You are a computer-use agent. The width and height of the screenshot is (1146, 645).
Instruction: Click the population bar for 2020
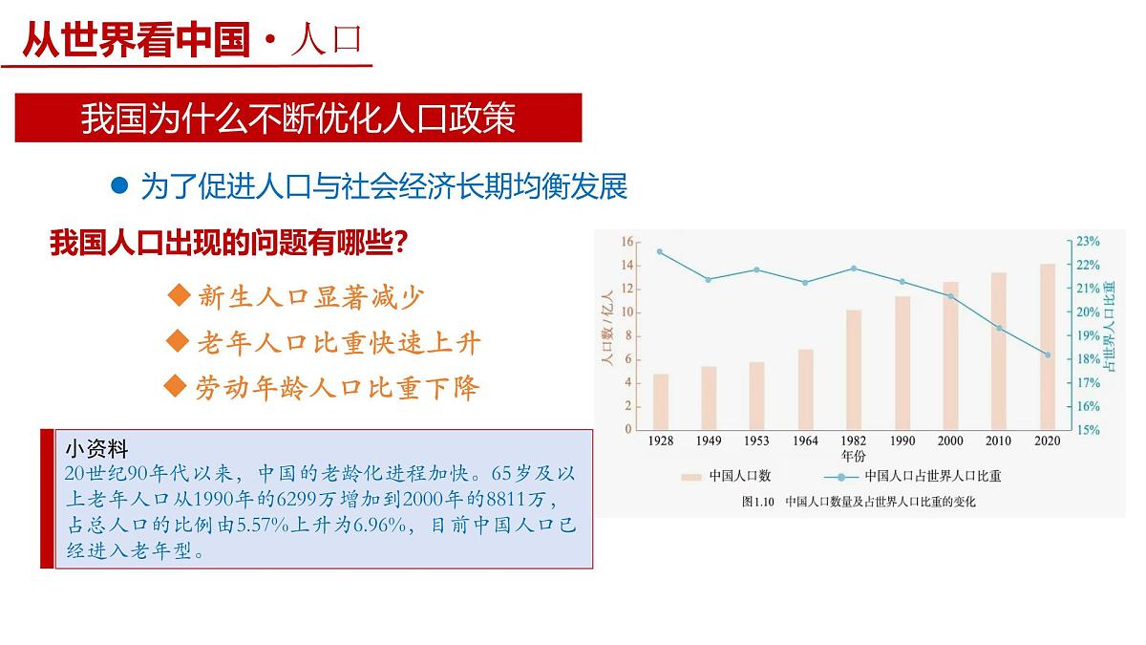[1048, 346]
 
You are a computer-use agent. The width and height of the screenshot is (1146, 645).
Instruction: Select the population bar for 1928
[661, 401]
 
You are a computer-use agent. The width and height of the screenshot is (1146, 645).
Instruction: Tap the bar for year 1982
[854, 369]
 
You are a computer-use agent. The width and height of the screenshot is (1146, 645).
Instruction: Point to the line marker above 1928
[661, 251]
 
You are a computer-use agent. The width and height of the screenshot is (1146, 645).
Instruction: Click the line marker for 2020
[1048, 355]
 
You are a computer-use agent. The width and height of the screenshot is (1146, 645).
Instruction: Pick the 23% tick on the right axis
[1088, 242]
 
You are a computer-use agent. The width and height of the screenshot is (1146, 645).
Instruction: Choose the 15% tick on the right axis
[1088, 430]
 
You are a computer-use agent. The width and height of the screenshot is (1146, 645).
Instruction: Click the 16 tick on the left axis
[627, 242]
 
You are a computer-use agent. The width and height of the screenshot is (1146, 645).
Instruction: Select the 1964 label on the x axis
[805, 441]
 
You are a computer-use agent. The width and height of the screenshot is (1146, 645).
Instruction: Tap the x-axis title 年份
[854, 455]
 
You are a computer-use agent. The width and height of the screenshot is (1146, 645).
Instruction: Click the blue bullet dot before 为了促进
[119, 185]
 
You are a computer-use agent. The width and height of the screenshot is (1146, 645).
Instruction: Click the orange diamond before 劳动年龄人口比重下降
[174, 385]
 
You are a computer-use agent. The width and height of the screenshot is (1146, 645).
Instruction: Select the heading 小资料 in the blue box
[96, 449]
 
